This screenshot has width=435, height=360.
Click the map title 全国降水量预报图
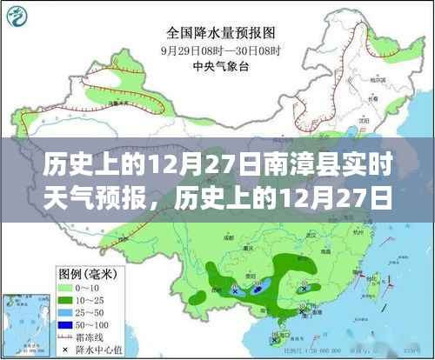[x=217, y=32]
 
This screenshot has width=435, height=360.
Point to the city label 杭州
[x=361, y=228]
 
